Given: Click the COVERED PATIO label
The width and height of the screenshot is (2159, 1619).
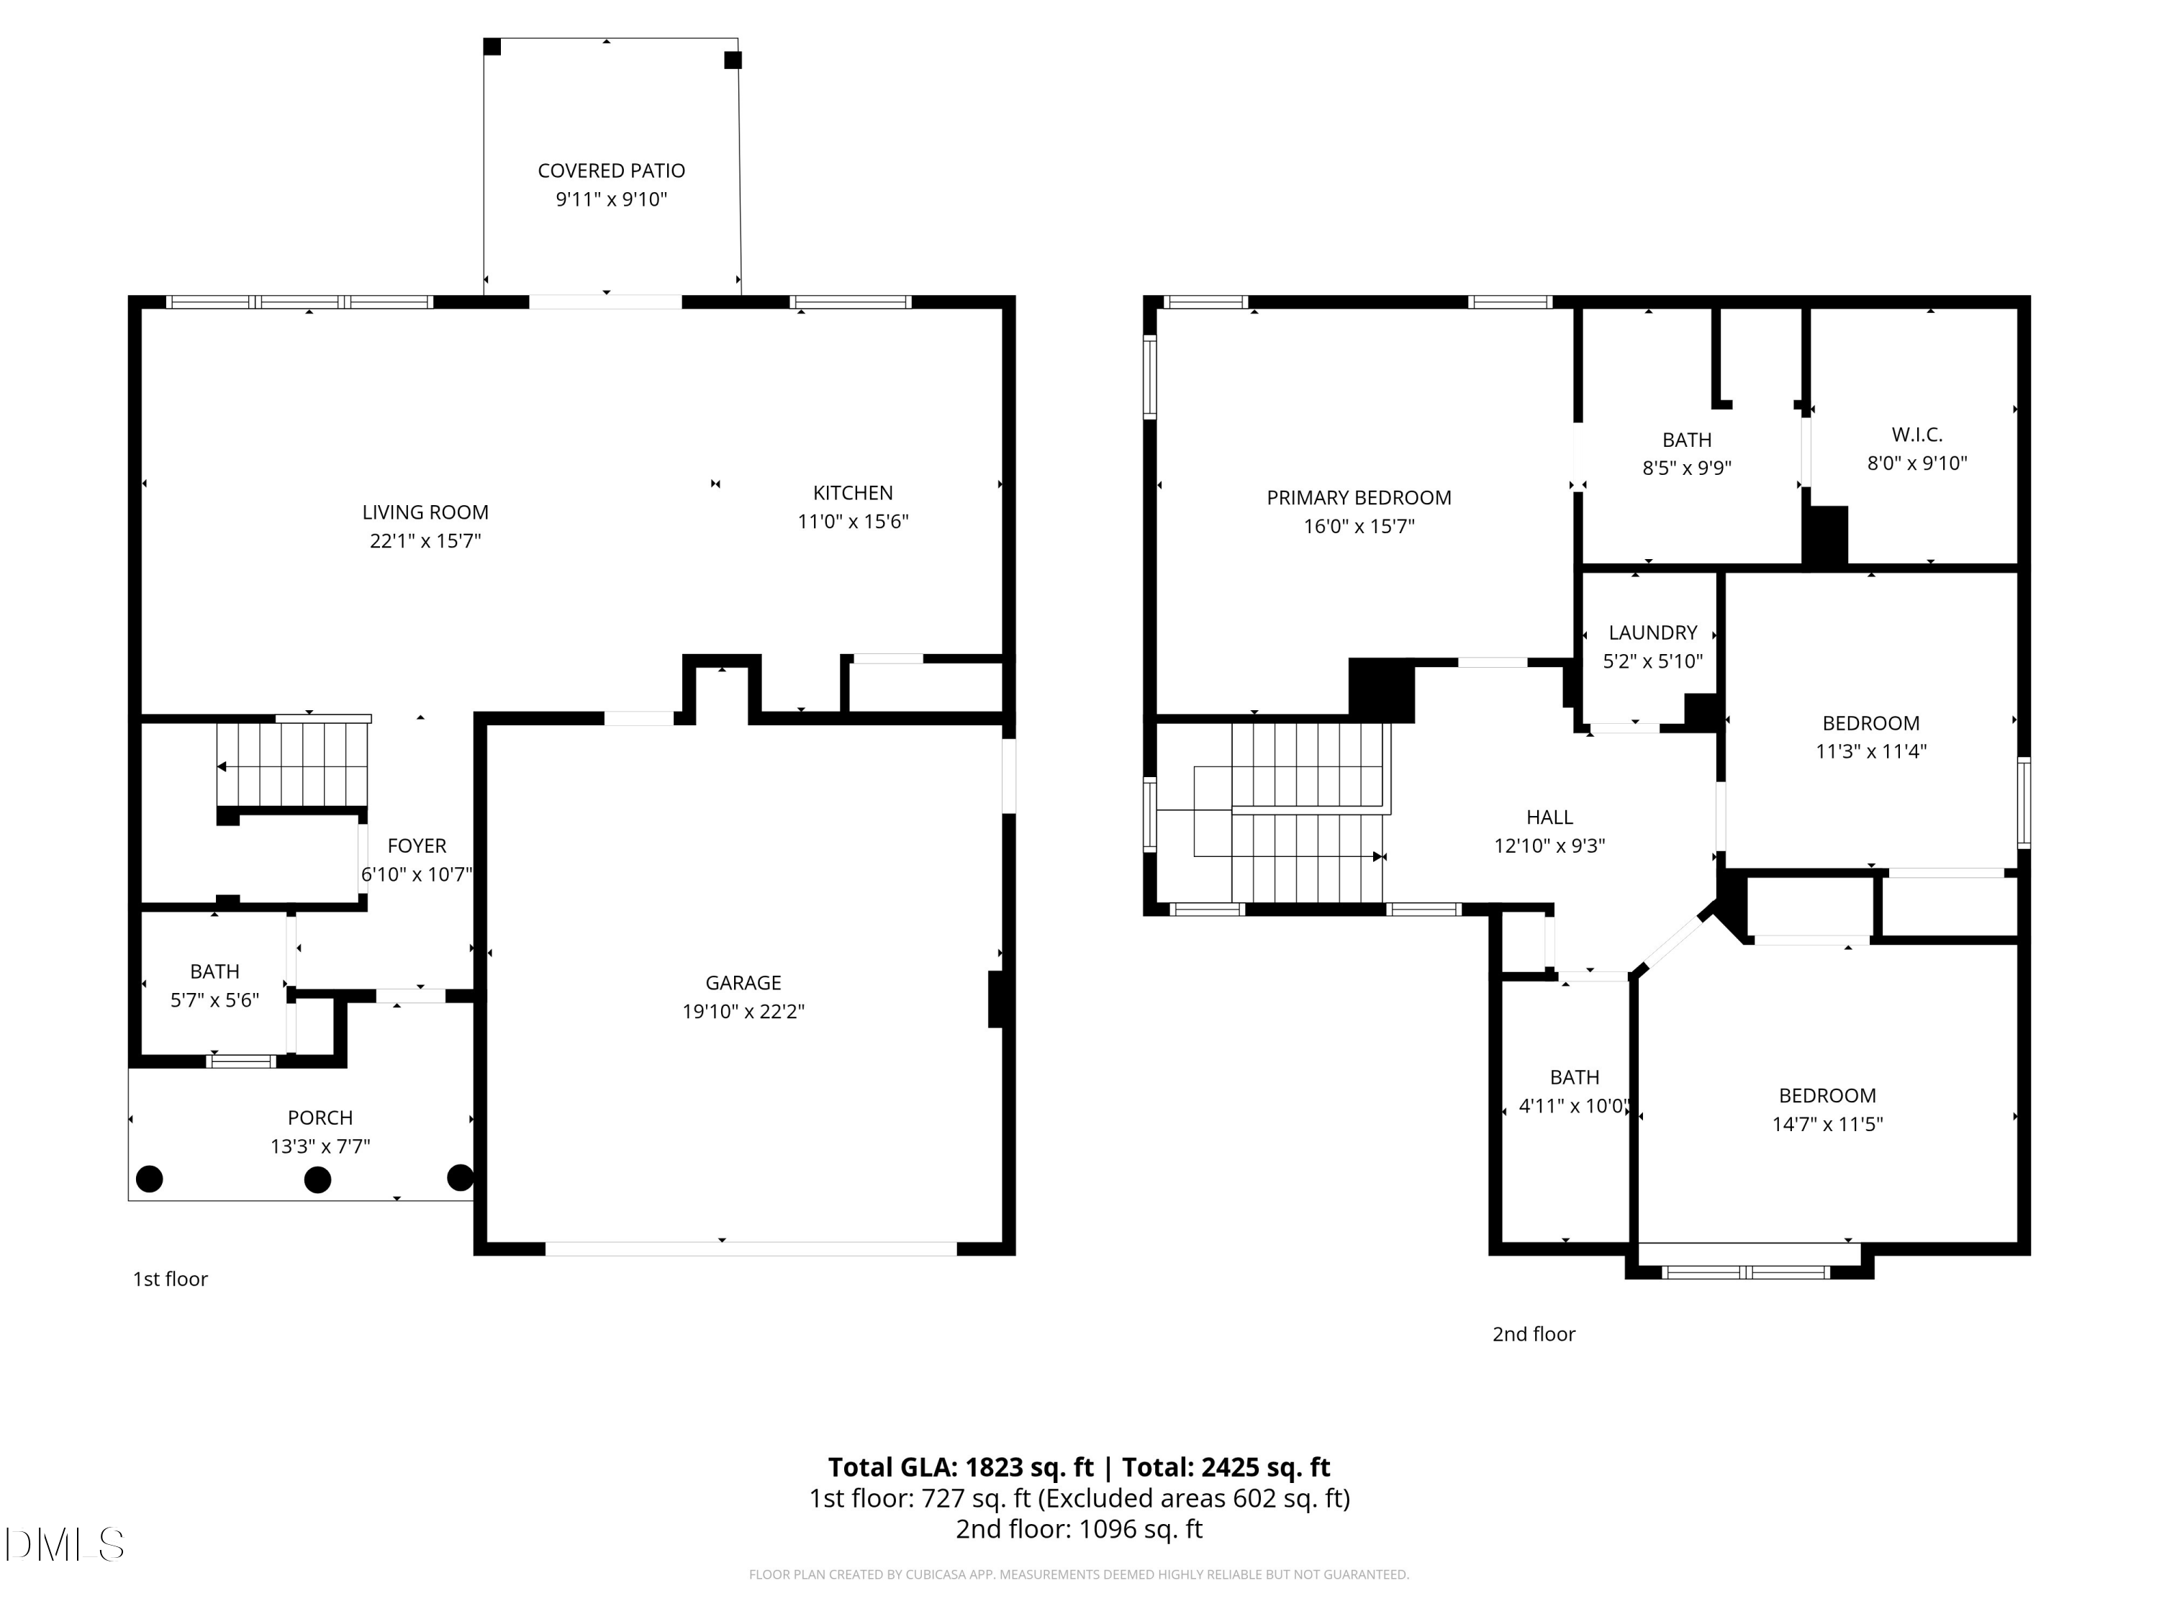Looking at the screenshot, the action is pyautogui.click(x=611, y=171).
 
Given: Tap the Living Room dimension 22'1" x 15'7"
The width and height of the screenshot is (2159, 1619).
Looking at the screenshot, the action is pyautogui.click(x=425, y=540).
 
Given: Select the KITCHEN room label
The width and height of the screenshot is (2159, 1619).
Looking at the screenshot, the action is pyautogui.click(x=853, y=493).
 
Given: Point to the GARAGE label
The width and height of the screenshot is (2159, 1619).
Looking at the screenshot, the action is pyautogui.click(x=743, y=983).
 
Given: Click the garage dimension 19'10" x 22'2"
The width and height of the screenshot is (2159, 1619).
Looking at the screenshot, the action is pyautogui.click(x=743, y=1011).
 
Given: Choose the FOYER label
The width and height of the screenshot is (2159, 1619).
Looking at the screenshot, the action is pyautogui.click(x=417, y=846).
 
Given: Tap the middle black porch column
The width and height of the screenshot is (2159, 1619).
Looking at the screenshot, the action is pyautogui.click(x=317, y=1180).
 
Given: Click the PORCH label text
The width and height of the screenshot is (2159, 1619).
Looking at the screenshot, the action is pyautogui.click(x=320, y=1117).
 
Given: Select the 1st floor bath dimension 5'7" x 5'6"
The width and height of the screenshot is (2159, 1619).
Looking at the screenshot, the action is pyautogui.click(x=214, y=999).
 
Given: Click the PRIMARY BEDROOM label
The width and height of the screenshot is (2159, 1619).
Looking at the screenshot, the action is pyautogui.click(x=1359, y=498).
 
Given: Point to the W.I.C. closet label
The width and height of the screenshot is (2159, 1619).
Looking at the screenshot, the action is pyautogui.click(x=1917, y=435).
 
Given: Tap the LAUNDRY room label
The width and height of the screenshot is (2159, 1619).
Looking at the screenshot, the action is pyautogui.click(x=1653, y=632).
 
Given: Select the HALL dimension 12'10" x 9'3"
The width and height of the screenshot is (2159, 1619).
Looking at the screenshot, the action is pyautogui.click(x=1550, y=845).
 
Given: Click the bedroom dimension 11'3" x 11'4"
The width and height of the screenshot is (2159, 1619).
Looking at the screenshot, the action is pyautogui.click(x=1871, y=750).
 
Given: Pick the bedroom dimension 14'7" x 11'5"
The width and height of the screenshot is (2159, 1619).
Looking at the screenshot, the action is pyautogui.click(x=1827, y=1123).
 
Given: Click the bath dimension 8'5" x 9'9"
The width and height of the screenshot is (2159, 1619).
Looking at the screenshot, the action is pyautogui.click(x=1687, y=468).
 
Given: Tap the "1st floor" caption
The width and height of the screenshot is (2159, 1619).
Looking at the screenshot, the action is pyautogui.click(x=171, y=1279).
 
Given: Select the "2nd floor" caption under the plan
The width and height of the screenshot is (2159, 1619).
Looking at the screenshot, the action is pyautogui.click(x=1534, y=1334).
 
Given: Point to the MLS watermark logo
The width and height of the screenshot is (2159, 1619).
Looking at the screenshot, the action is pyautogui.click(x=65, y=1544).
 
